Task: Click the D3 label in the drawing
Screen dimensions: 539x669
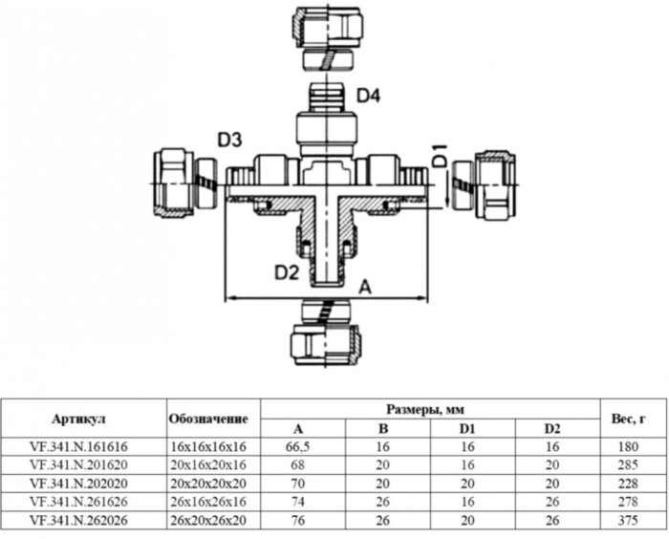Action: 228,140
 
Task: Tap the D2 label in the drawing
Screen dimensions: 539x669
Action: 287,273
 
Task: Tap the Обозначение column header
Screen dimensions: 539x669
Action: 208,419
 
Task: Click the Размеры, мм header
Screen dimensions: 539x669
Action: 430,409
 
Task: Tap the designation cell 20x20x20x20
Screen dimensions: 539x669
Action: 208,483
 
